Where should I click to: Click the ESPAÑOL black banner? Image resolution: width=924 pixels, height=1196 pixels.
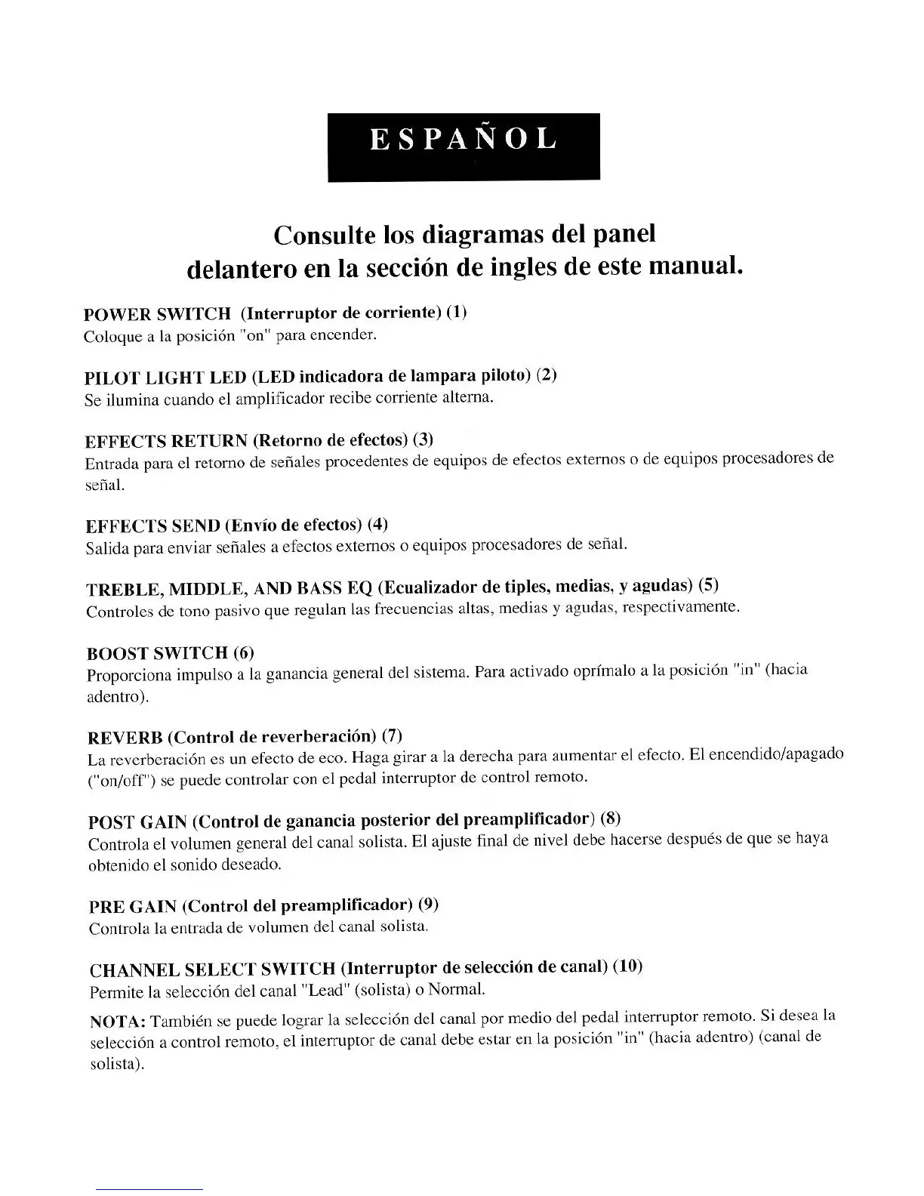click(x=464, y=146)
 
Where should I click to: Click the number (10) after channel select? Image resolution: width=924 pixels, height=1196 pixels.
click(x=627, y=966)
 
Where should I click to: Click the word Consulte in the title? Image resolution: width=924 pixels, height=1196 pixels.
click(x=325, y=235)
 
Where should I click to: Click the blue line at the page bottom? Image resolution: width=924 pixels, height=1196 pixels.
click(x=149, y=1189)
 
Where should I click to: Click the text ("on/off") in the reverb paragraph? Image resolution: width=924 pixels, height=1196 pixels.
click(x=122, y=780)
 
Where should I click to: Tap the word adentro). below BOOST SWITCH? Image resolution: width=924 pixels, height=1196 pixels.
click(x=118, y=696)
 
